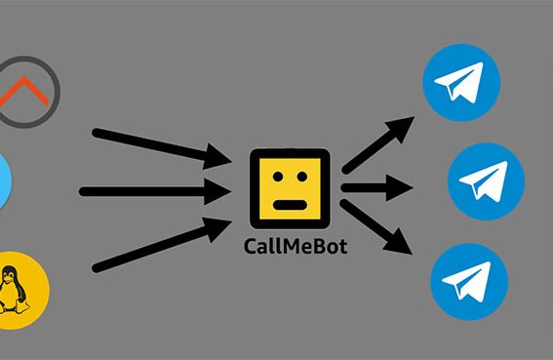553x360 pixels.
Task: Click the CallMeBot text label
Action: [x=294, y=246]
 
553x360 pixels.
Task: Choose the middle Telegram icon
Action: [x=486, y=181]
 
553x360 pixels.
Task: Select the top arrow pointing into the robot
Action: [x=161, y=144]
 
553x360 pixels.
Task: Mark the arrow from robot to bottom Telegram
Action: [x=380, y=229]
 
